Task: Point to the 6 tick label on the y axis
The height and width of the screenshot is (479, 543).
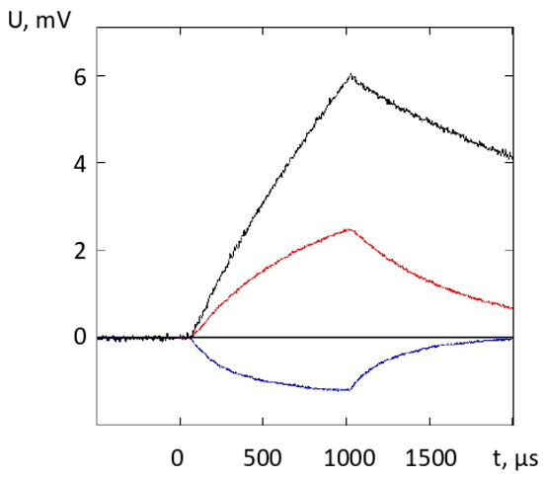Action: tap(73, 76)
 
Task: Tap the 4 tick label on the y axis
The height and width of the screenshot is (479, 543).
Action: tap(73, 163)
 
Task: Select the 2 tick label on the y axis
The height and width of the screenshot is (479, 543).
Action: tap(73, 250)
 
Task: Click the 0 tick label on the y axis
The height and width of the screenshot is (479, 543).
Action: tap(73, 337)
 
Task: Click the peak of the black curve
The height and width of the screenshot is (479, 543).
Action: tap(349, 74)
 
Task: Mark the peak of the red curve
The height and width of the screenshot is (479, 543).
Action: tap(349, 229)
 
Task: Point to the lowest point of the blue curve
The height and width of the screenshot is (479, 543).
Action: tap(348, 390)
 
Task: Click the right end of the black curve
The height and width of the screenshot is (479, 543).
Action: tap(512, 157)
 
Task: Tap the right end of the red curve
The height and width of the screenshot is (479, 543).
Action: tap(512, 308)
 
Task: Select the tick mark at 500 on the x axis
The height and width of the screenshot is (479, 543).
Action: tap(264, 423)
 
